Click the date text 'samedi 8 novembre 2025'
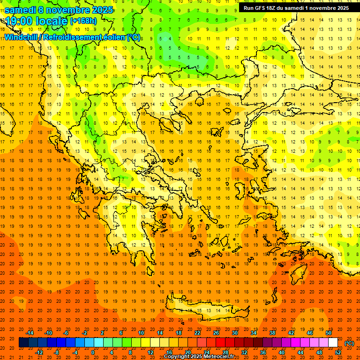coord(59,10)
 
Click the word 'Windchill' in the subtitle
coord(22,37)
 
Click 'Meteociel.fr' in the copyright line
coord(218,357)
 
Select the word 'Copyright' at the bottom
coord(179,357)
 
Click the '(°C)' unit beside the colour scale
coord(349,343)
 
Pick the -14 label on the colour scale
coord(30,333)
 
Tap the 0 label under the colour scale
coord(92,352)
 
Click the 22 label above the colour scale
coord(197,333)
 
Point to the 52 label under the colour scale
coord(338,352)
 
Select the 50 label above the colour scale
coord(329,333)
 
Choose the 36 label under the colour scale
coord(263,352)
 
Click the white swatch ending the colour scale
coord(333,343)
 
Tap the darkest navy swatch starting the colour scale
coord(23,343)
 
